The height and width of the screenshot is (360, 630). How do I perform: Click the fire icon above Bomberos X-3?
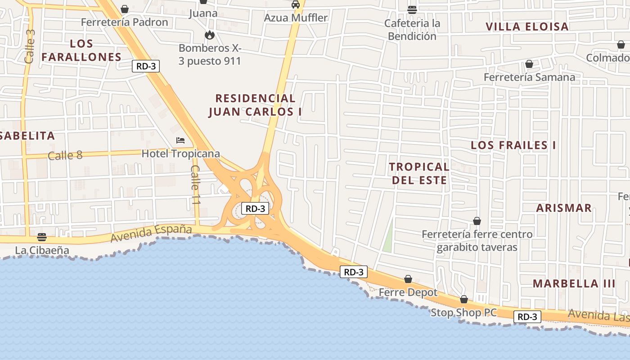(210, 35)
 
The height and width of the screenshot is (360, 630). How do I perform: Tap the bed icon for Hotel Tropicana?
(180, 140)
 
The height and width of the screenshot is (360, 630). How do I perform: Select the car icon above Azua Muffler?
(296, 4)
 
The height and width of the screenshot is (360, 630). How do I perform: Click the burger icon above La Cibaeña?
(42, 237)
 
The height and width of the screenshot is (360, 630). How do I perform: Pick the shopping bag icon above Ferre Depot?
(408, 279)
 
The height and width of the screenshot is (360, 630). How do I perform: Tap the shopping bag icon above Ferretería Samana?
(529, 64)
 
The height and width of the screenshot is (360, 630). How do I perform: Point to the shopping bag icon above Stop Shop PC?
(464, 299)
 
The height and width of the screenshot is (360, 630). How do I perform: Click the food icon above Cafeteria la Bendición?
(412, 9)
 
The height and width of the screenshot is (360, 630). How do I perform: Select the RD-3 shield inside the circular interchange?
(255, 208)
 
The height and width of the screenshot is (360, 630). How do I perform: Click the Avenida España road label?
(151, 233)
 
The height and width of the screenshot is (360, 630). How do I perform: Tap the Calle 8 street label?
(65, 156)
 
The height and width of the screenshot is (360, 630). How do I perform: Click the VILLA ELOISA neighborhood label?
(527, 27)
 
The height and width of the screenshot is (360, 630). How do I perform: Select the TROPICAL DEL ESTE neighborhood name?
(419, 173)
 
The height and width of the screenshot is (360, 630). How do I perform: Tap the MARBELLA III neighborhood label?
(574, 283)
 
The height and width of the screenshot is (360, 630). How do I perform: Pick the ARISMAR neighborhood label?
(564, 208)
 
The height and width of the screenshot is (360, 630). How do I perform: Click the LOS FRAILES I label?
(513, 145)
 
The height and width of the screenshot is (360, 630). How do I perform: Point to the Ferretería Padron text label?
(125, 22)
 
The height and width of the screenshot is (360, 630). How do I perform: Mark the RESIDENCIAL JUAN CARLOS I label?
(255, 105)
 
